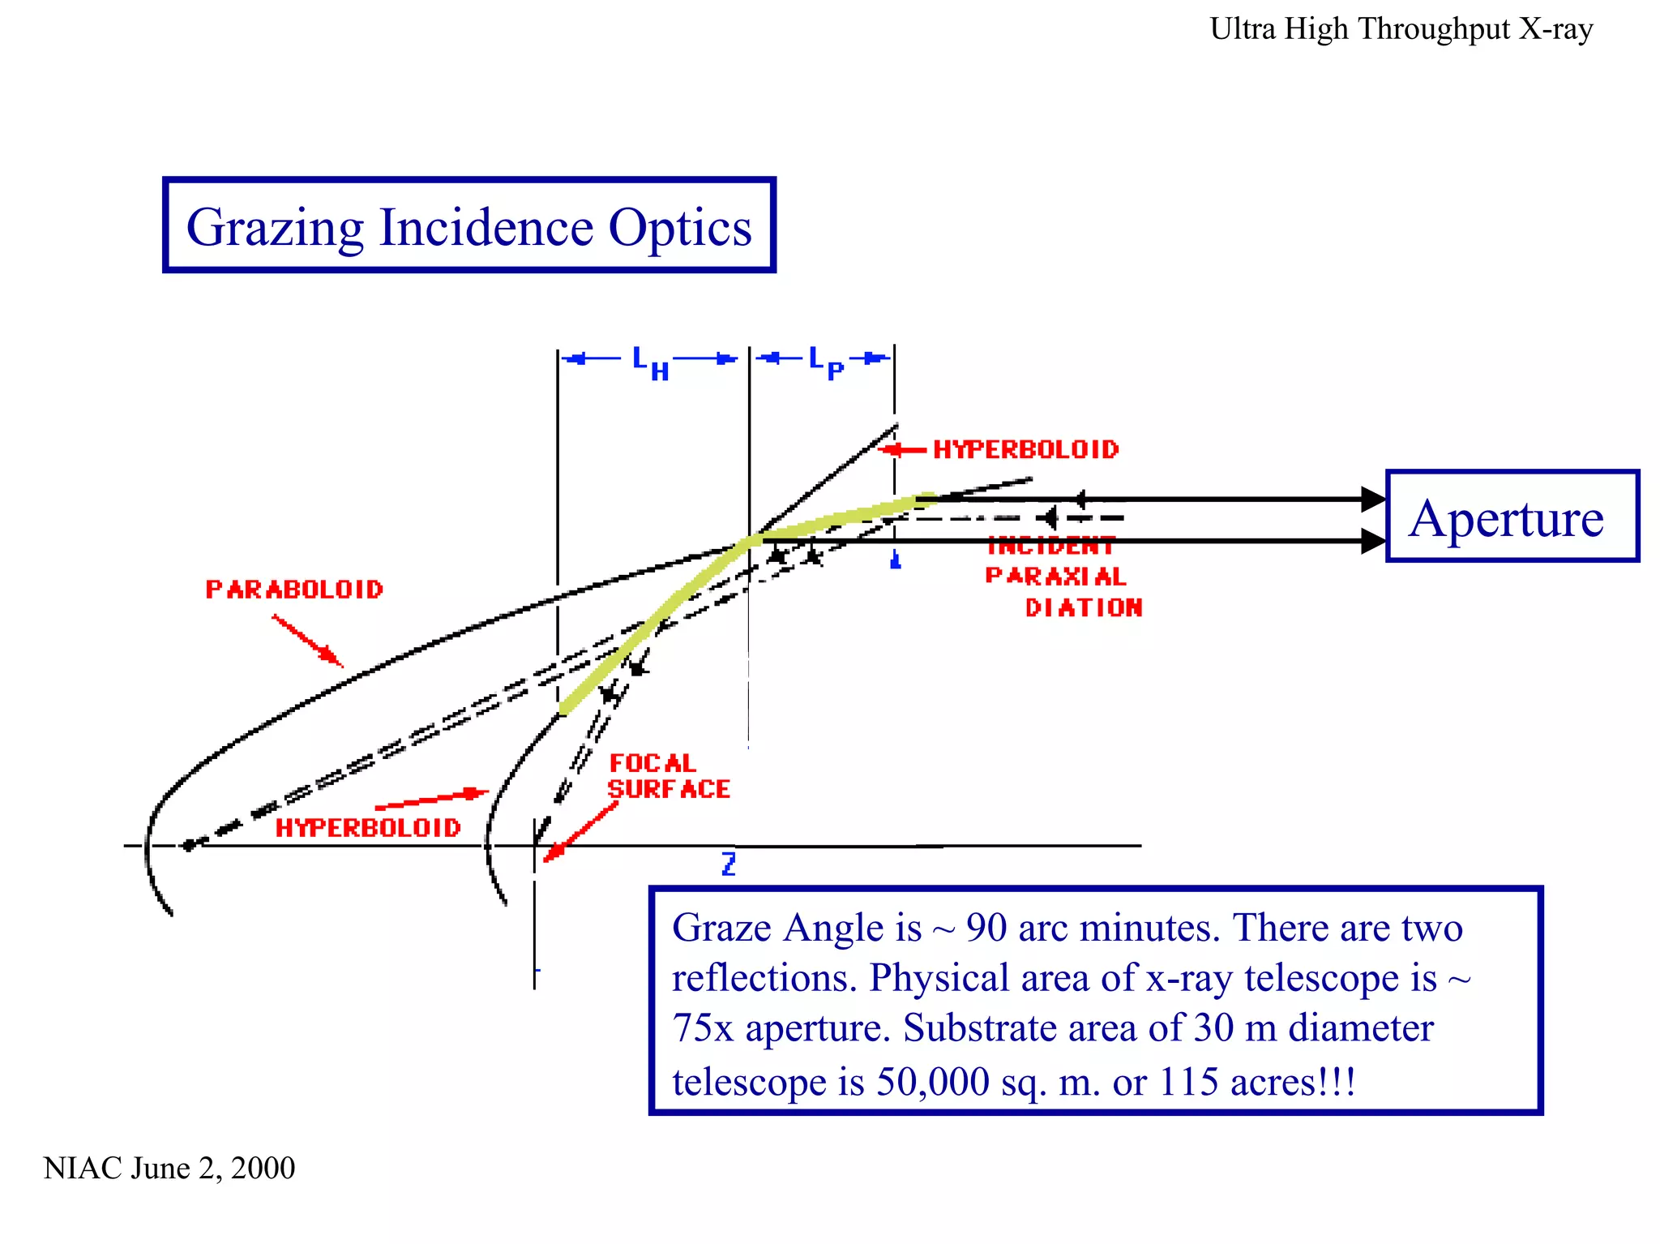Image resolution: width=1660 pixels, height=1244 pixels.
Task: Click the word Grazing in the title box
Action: tap(275, 228)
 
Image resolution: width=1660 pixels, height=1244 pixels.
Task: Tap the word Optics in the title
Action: tap(680, 228)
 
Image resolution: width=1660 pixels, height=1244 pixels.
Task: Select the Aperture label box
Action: tap(1511, 517)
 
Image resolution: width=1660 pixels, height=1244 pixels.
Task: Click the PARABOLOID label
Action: tap(294, 590)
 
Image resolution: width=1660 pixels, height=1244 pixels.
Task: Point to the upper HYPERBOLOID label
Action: tap(1025, 449)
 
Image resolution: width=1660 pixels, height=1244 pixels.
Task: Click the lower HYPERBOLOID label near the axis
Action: tap(368, 828)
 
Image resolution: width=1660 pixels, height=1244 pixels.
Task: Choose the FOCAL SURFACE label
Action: tap(669, 776)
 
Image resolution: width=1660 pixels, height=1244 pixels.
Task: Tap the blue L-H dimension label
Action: tap(651, 362)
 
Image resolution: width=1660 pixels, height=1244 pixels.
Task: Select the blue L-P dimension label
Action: tap(826, 362)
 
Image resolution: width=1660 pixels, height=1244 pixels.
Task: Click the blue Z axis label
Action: tap(729, 864)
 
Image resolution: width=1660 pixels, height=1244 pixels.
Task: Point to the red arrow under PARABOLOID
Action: tap(308, 641)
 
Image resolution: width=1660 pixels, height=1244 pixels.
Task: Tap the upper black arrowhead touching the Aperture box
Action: tap(1372, 499)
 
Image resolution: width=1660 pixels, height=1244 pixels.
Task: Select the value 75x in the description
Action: tap(703, 1028)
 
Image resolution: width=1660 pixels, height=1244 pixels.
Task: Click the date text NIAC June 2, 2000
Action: tap(169, 1168)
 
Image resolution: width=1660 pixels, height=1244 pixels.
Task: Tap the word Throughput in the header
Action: tap(1434, 29)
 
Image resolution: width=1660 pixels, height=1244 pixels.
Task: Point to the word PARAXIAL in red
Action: tap(1055, 577)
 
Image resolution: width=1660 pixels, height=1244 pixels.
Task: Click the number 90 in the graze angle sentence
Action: tap(987, 928)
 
